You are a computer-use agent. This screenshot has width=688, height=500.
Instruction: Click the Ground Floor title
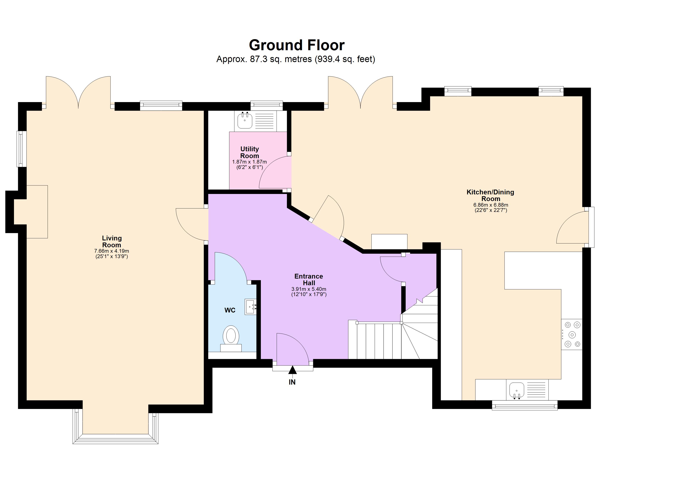click(x=296, y=45)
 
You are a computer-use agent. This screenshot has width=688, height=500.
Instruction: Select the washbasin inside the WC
click(x=250, y=307)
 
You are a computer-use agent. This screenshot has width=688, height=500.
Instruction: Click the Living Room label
click(x=112, y=241)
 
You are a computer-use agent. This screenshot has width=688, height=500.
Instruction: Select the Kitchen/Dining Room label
click(x=490, y=195)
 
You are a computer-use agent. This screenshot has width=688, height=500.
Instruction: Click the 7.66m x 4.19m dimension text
click(x=112, y=251)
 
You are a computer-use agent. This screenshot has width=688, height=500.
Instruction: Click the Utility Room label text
click(x=249, y=152)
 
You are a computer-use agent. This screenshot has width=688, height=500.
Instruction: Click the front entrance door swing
click(x=291, y=349)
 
